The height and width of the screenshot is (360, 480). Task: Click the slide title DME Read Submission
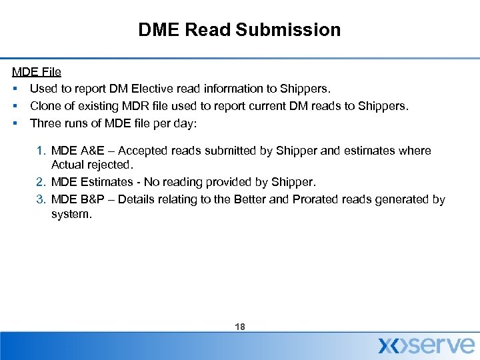click(239, 30)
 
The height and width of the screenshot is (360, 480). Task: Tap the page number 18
click(240, 327)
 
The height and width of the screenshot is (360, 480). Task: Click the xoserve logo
click(427, 345)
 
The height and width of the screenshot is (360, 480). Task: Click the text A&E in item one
click(91, 151)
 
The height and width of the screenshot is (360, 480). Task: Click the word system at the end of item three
click(71, 215)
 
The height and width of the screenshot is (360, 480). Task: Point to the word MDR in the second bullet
click(130, 106)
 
